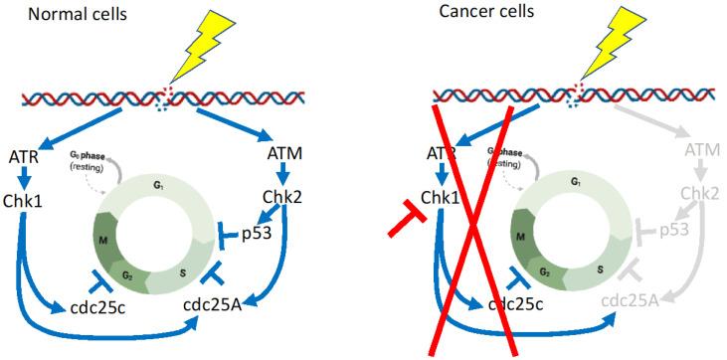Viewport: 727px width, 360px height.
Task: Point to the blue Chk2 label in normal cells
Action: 286,196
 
